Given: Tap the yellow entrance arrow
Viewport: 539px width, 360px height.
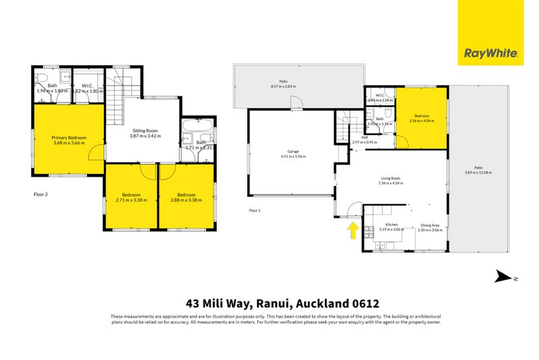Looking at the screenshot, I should [x=352, y=231].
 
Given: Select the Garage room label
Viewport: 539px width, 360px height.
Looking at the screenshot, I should [x=293, y=152].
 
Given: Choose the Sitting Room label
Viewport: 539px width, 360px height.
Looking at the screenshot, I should [x=143, y=131].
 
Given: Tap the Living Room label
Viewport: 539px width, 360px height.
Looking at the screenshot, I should [x=390, y=179].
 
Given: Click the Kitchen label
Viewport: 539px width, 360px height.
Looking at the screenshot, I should [x=390, y=225].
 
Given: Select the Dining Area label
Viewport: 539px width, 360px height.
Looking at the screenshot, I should [x=431, y=225].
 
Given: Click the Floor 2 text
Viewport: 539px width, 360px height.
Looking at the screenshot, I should [x=42, y=193].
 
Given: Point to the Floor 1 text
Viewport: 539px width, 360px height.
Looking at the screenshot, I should [x=255, y=211].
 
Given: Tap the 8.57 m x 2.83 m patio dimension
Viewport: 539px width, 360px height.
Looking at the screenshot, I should [x=283, y=87].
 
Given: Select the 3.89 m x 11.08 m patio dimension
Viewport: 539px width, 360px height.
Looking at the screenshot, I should [x=477, y=173].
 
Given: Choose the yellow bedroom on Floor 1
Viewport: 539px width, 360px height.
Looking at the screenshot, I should [x=421, y=118].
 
